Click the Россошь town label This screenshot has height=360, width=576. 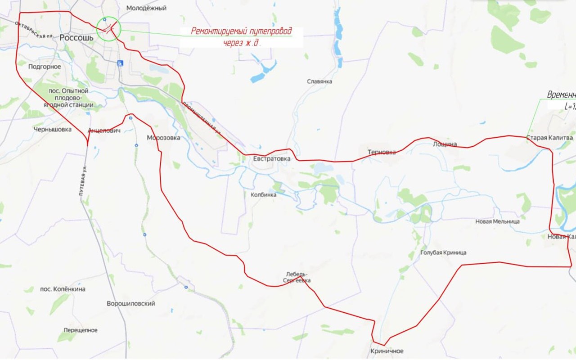tap(76, 38)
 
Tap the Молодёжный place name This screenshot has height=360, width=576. tap(146, 8)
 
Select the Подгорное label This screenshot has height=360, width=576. tap(44, 67)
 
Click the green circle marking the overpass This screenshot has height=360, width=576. tap(108, 29)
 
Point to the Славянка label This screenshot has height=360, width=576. tap(319, 81)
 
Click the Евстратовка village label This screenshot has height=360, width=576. tap(272, 158)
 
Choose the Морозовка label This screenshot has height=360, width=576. tap(163, 138)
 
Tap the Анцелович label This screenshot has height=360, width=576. tap(104, 130)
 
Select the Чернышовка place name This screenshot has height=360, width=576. tap(53, 129)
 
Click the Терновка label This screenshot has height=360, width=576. tap(382, 152)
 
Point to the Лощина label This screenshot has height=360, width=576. tap(445, 144)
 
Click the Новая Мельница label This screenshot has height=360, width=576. tap(497, 221)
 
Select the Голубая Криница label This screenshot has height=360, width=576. tap(443, 252)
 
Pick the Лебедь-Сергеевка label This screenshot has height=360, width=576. tap(297, 277)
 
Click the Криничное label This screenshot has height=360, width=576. tap(387, 351)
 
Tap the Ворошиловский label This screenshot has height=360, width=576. tap(131, 304)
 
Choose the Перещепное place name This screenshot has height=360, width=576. tap(81, 330)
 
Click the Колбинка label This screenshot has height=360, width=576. tap(263, 195)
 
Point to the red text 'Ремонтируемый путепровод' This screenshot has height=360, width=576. tap(241, 31)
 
